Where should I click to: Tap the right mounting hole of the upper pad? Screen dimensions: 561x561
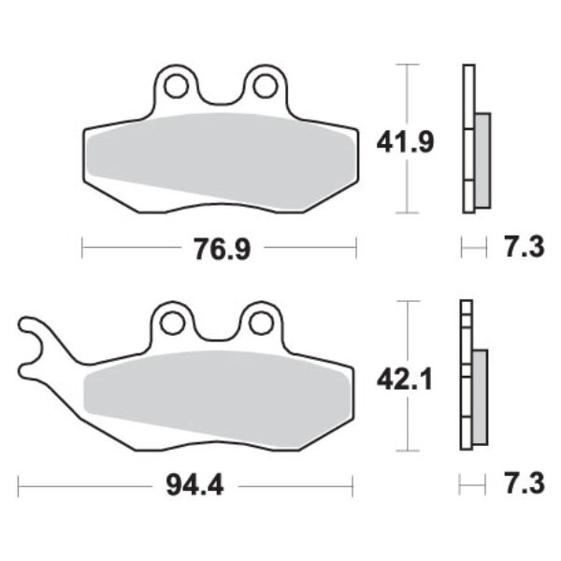(264, 88)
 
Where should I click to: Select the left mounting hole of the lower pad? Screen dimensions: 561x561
(171, 324)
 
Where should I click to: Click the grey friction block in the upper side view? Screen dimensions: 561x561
(482, 160)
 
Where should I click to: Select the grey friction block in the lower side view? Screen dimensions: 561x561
(481, 396)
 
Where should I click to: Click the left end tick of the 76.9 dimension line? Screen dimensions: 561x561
(83, 248)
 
